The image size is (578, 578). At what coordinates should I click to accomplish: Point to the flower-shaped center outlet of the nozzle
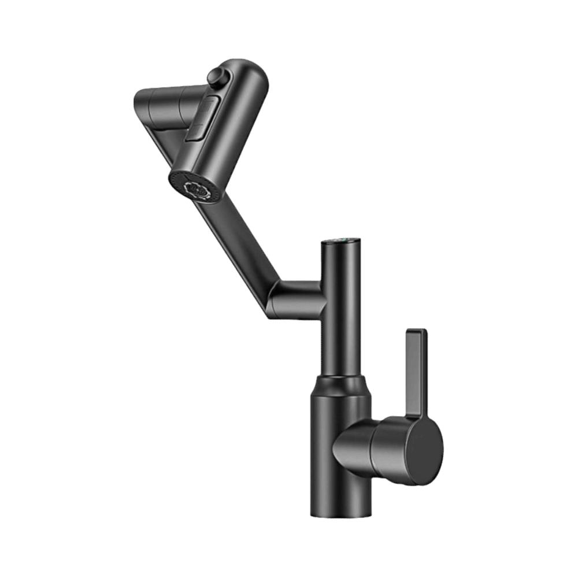click(x=195, y=189)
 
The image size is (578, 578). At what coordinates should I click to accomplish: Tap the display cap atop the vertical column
click(x=342, y=240)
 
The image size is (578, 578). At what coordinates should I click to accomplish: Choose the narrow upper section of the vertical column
click(x=342, y=324)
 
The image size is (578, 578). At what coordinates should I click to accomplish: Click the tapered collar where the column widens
click(x=341, y=384)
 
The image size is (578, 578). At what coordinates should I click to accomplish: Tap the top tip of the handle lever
click(x=416, y=332)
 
